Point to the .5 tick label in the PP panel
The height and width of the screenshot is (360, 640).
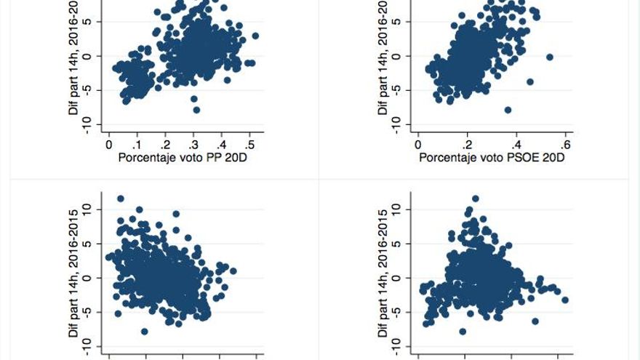point(249,145)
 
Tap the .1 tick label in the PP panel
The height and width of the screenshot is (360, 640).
point(137,145)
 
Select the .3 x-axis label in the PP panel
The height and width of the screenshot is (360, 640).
point(193,145)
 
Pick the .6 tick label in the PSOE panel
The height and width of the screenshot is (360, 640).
point(566,145)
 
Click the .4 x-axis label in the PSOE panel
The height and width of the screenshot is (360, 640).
point(516,145)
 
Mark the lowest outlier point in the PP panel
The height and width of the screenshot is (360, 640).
point(196,110)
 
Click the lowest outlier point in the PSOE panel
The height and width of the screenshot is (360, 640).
point(508,110)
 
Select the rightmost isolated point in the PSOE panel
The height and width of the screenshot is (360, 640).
point(549,57)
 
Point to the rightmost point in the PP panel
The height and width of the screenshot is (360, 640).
point(255,36)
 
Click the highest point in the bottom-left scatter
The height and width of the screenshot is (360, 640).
point(121,199)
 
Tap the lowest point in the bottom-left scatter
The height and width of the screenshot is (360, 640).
point(145,332)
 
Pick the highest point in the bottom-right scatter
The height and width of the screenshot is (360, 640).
point(476,199)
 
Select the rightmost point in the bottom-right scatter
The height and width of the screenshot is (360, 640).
point(565,300)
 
